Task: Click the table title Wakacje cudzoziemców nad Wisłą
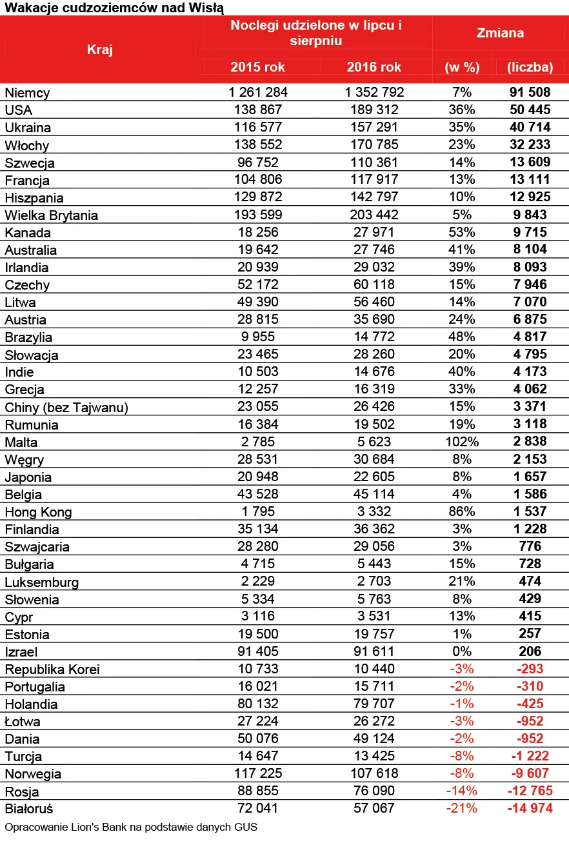[114, 8]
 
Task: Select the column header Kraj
[99, 49]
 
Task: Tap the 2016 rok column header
[374, 67]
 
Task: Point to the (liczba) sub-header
[530, 67]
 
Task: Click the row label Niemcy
[27, 93]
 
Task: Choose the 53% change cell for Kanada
[461, 232]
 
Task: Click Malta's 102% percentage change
[461, 442]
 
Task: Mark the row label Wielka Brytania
[52, 215]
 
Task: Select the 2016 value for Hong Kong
[374, 511]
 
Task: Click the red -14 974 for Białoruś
[530, 808]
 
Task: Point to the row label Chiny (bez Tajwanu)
[66, 407]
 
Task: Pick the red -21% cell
[461, 808]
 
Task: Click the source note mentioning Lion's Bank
[131, 827]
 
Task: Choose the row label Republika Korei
[52, 669]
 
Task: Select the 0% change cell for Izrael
[461, 651]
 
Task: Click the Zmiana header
[500, 33]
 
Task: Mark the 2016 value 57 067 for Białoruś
[374, 808]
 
